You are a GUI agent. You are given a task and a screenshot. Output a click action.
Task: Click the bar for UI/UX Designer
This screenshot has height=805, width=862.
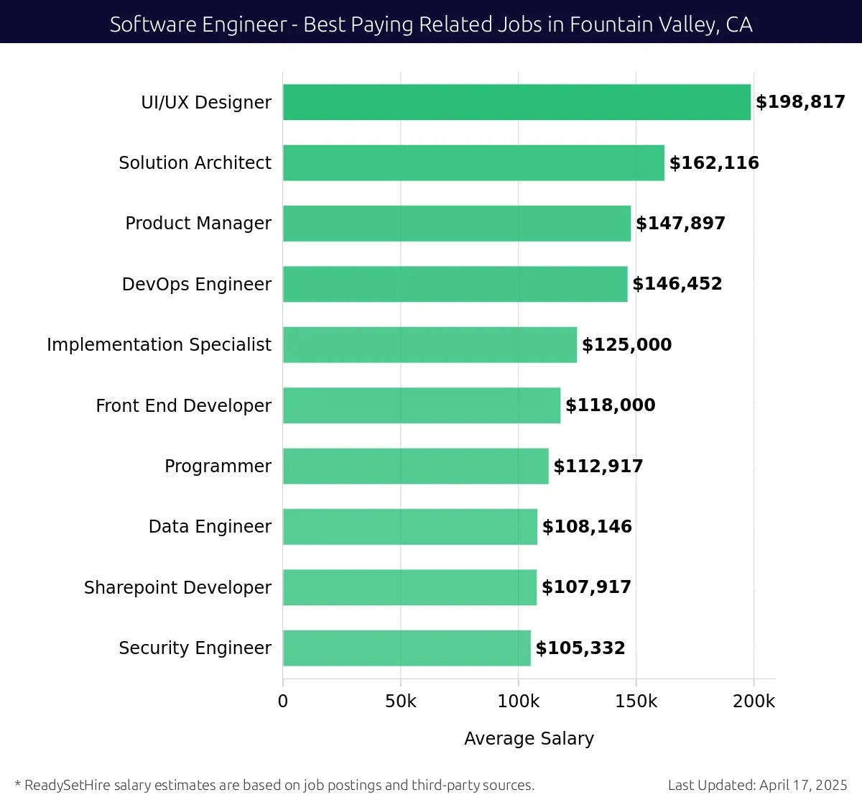[x=516, y=102]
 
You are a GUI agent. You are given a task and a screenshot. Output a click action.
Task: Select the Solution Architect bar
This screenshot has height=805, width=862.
[x=473, y=162]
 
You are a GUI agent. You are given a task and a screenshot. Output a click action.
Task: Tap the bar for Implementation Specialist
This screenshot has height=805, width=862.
[x=430, y=345]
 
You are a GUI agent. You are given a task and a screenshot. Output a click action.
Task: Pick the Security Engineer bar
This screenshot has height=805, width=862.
[x=407, y=648]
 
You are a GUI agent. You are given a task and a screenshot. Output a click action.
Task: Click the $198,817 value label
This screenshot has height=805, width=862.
[x=800, y=102]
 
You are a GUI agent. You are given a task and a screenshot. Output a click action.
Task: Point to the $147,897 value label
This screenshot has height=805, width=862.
[x=680, y=224]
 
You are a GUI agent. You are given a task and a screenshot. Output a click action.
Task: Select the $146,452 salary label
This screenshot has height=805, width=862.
[x=677, y=284]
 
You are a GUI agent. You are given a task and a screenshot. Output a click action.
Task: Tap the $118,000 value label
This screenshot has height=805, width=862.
[x=610, y=405]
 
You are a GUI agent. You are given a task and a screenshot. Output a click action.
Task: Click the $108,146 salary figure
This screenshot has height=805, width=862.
[x=587, y=527]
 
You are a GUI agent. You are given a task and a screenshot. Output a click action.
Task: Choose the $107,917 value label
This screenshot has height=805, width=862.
[x=586, y=587]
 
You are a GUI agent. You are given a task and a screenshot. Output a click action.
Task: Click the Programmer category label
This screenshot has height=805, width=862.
[x=218, y=466]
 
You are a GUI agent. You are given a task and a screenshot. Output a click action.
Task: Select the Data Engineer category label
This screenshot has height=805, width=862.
[x=210, y=527]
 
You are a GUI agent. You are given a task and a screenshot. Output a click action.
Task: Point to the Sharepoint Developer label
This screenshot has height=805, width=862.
[x=177, y=588]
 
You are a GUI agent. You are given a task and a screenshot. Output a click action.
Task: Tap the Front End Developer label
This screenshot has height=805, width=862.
[x=183, y=406]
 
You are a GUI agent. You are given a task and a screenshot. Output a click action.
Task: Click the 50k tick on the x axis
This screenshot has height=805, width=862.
[x=400, y=701]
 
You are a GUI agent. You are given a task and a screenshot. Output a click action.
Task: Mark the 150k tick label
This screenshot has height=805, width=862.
[x=636, y=701]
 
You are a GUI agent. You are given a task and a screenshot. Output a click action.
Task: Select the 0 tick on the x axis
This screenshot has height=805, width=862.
[x=283, y=701]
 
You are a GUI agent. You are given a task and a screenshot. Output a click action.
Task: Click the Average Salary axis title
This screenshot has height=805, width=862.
[x=529, y=739]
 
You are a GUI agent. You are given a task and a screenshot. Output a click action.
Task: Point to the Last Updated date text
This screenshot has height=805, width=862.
[x=757, y=785]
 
